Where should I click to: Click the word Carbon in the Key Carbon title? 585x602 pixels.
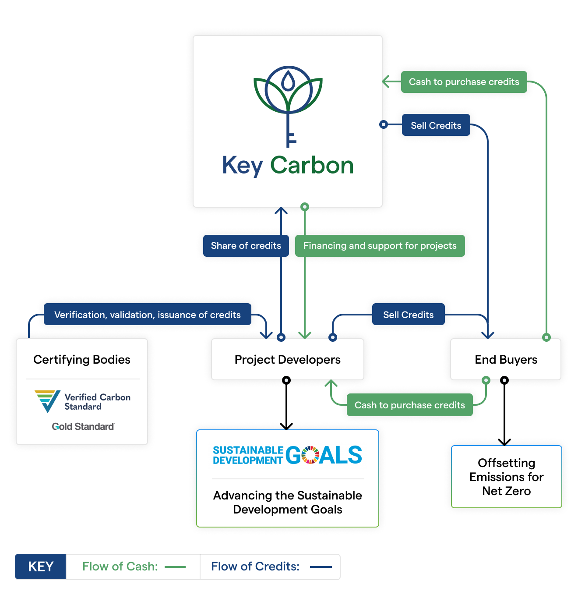pyautogui.click(x=312, y=166)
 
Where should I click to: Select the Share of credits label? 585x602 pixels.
pyautogui.click(x=246, y=246)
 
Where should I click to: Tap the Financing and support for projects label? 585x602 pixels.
pyautogui.click(x=380, y=246)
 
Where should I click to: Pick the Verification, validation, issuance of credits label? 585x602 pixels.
pyautogui.click(x=147, y=315)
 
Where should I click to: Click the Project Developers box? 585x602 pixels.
pyautogui.click(x=287, y=360)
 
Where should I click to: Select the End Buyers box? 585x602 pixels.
pyautogui.click(x=506, y=360)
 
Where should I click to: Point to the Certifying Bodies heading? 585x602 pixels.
pyautogui.click(x=82, y=360)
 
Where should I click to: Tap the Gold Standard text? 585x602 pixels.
pyautogui.click(x=83, y=427)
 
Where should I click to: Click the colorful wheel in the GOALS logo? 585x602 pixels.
pyautogui.click(x=310, y=455)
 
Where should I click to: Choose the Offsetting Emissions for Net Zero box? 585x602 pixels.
pyautogui.click(x=506, y=477)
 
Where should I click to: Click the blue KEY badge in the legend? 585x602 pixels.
pyautogui.click(x=41, y=567)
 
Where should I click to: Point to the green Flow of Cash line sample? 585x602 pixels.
pyautogui.click(x=175, y=567)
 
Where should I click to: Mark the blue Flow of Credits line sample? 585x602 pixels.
pyautogui.click(x=321, y=567)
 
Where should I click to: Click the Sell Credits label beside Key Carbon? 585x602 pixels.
pyautogui.click(x=436, y=125)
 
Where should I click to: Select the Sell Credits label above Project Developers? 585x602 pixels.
pyautogui.click(x=408, y=315)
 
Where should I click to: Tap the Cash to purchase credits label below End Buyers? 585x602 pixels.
pyautogui.click(x=409, y=405)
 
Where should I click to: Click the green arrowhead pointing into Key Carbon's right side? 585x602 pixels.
pyautogui.click(x=386, y=82)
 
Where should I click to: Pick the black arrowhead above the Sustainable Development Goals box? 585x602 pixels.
pyautogui.click(x=286, y=426)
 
